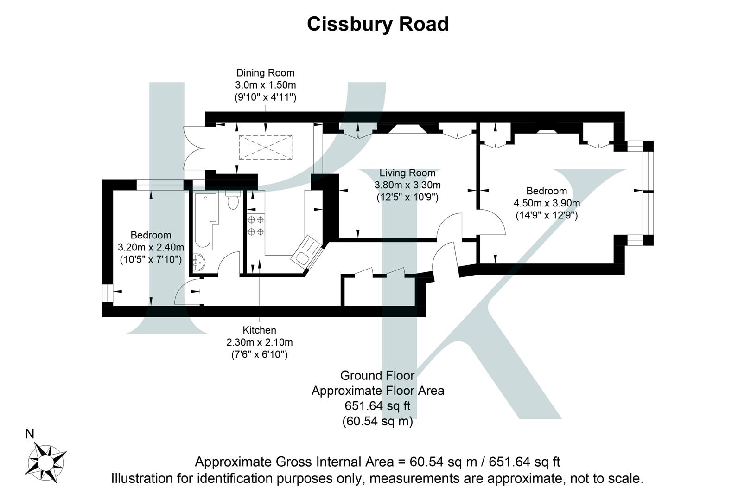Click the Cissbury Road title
[x=377, y=24]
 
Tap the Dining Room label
[x=265, y=73]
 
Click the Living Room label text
[x=407, y=173]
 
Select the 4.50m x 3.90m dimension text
[x=547, y=203]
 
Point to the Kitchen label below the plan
[x=259, y=330]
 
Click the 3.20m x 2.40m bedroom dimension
[x=151, y=247]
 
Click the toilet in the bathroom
[x=233, y=201]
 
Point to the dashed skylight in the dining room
[x=266, y=148]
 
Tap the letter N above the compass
[x=30, y=435]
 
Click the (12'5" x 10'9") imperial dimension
[x=407, y=197]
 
